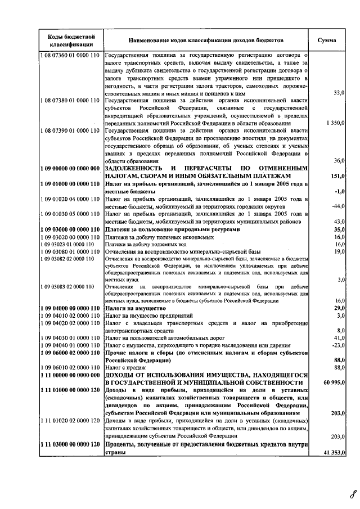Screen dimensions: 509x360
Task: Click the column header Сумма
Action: [327, 40]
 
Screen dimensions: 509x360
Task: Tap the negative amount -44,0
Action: [337, 206]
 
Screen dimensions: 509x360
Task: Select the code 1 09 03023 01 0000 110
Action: [67, 245]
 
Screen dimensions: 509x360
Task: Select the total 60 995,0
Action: [333, 382]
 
